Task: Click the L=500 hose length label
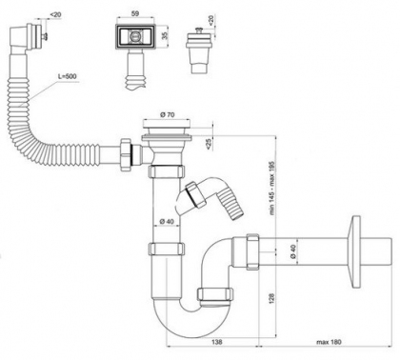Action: [x=68, y=76]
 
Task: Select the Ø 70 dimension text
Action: [x=168, y=115]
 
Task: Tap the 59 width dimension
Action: [x=135, y=13]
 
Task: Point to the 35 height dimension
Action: [x=165, y=35]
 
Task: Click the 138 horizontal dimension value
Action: [x=217, y=342]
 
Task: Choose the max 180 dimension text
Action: [x=329, y=342]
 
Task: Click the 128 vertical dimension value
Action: [x=271, y=299]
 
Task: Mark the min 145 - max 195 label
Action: [x=272, y=188]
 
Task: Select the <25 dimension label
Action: [x=209, y=144]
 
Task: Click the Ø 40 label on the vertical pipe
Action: [x=167, y=222]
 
